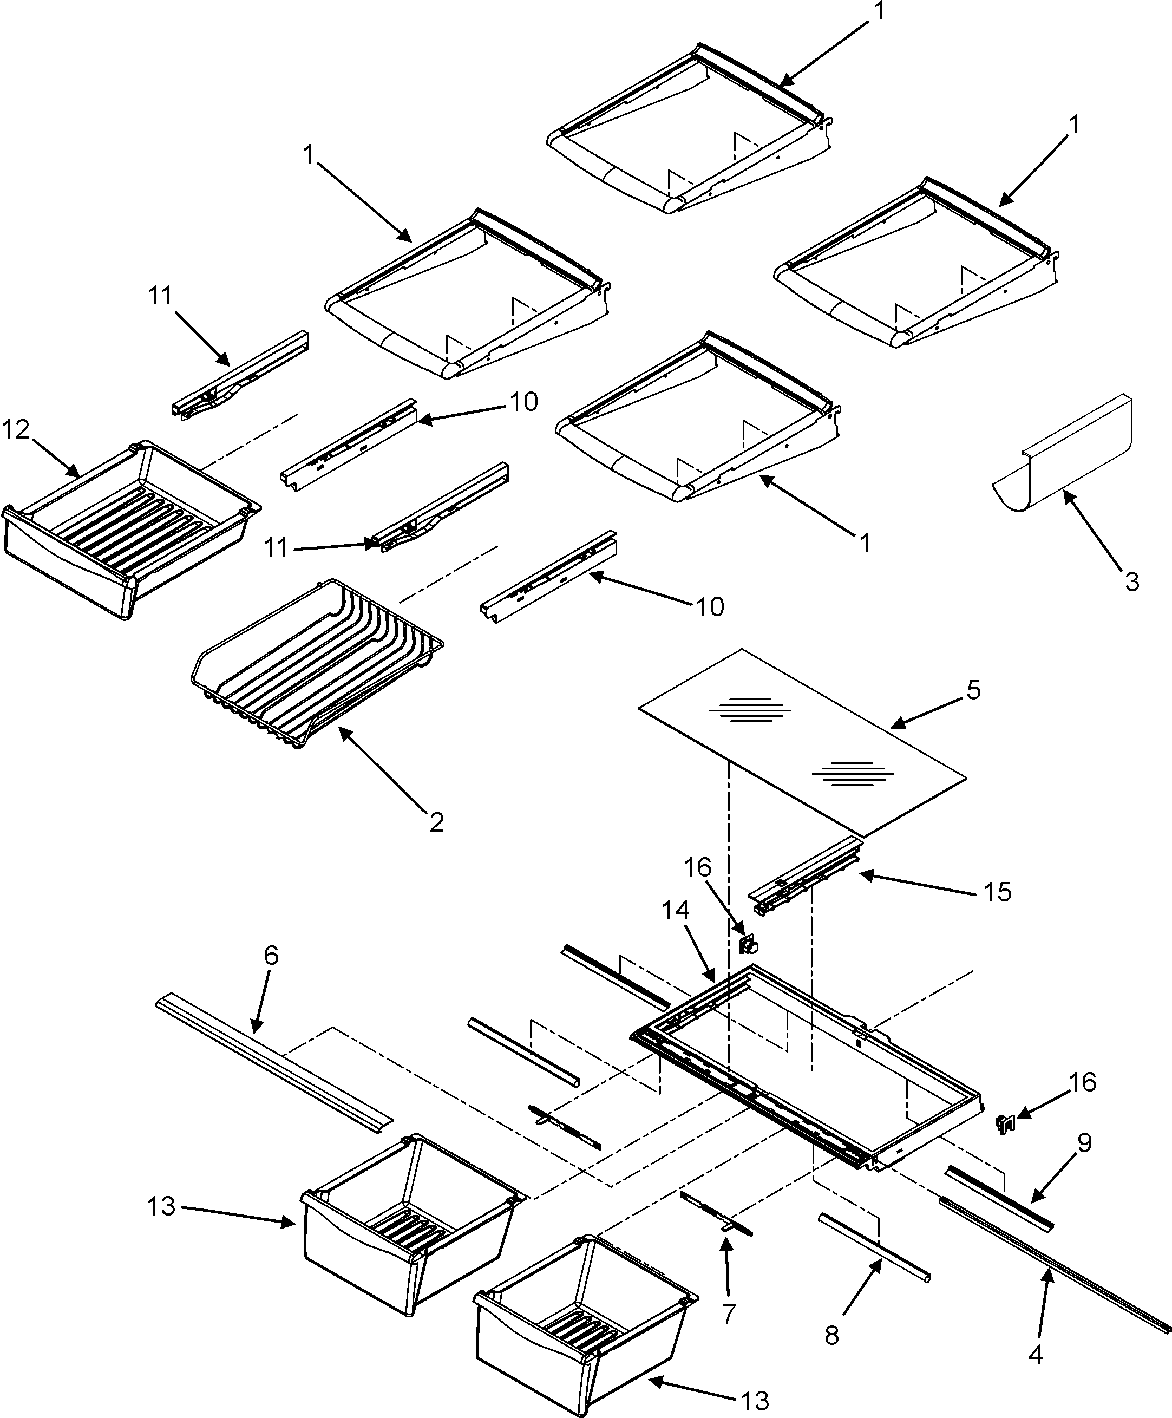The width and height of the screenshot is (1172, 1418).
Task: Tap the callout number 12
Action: point(16,429)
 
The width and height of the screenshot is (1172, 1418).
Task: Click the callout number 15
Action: point(998,893)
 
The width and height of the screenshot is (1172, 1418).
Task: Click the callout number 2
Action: point(436,822)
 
